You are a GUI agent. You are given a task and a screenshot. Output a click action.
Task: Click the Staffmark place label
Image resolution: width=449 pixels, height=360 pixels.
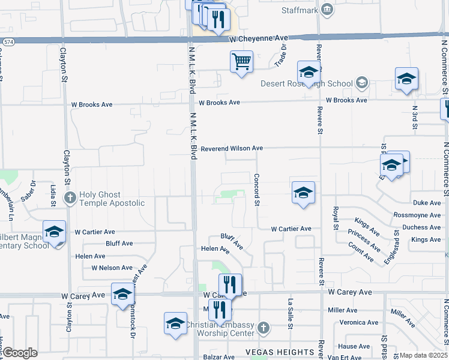300,10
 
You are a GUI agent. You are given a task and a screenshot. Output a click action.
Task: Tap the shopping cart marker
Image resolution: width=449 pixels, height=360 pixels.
241,62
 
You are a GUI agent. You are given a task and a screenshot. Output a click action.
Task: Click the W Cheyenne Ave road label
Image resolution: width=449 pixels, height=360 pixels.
258,38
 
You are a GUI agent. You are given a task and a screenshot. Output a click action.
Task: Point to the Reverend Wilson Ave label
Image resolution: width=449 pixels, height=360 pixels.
232,148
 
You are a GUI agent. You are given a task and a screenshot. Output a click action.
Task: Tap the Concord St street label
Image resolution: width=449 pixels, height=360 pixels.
257,190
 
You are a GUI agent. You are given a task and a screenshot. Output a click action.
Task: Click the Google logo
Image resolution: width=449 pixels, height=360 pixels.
20,352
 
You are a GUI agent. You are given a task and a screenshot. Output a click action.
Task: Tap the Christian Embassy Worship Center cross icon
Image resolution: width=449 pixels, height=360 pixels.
263,328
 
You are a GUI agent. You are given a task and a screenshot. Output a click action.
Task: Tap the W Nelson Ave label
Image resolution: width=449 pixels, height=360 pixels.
112,268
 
